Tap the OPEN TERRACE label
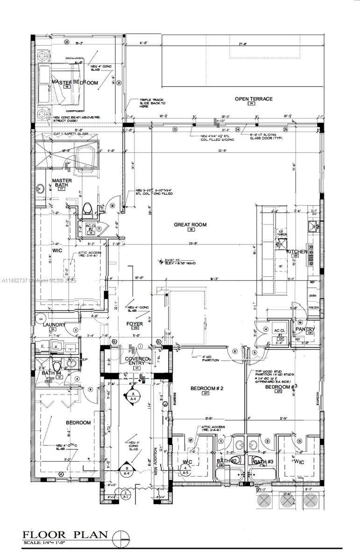253,99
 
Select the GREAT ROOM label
190,225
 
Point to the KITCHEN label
296,252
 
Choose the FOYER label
134,323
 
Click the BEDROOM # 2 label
207,388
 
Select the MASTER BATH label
62,183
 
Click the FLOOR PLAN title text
65,535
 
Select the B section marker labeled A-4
126,470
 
